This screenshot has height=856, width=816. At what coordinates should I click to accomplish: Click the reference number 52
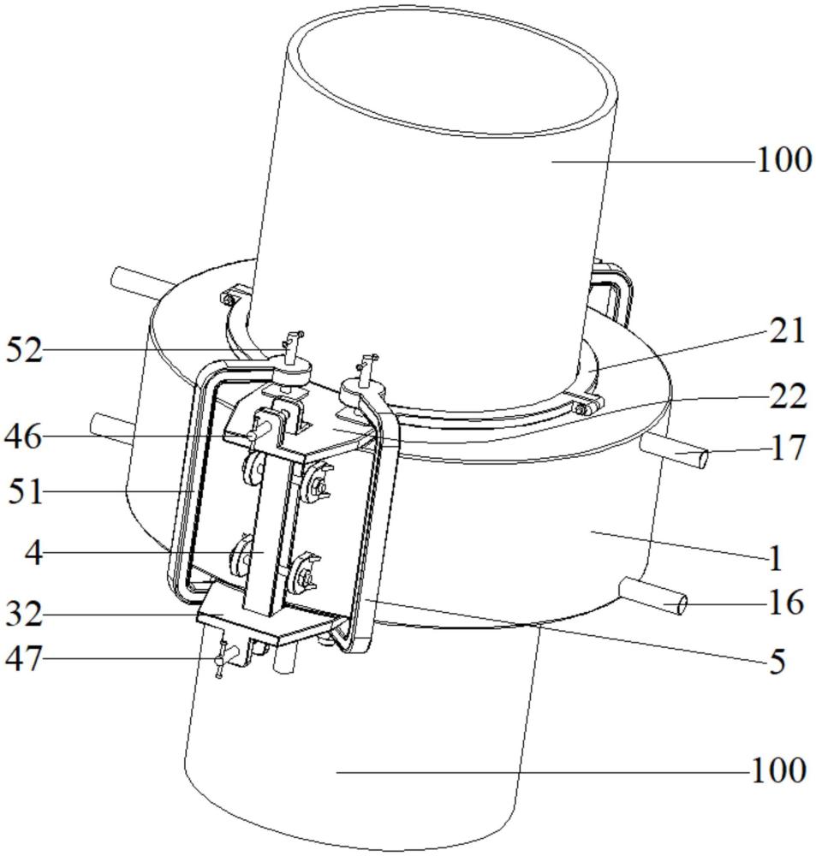tap(24, 350)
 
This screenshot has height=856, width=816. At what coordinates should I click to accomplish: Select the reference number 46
tap(24, 437)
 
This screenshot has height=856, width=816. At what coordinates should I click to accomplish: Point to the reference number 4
tap(33, 552)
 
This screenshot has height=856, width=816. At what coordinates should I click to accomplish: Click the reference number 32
tap(24, 615)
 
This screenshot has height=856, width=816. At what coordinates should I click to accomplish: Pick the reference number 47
tap(24, 658)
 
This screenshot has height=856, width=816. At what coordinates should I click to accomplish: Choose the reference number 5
tap(777, 661)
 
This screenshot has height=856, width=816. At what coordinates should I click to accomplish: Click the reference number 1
tap(776, 560)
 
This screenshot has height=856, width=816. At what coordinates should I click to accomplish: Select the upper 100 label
tap(783, 160)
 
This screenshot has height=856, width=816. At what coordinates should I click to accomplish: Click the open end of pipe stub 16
tap(682, 606)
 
